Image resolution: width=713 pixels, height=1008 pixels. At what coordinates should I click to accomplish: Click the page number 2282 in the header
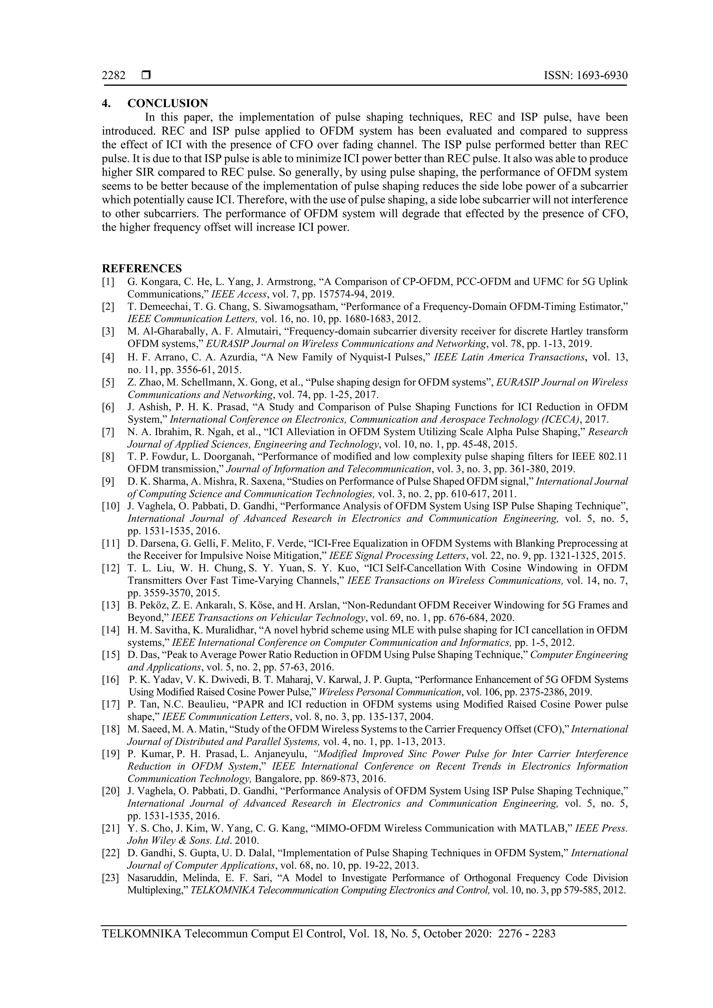click(x=114, y=76)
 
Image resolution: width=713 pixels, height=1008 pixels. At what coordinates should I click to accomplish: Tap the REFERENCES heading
click(x=142, y=268)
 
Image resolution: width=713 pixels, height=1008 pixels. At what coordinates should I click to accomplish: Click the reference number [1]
click(x=108, y=282)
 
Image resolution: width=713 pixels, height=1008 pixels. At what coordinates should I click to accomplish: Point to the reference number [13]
click(x=110, y=605)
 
